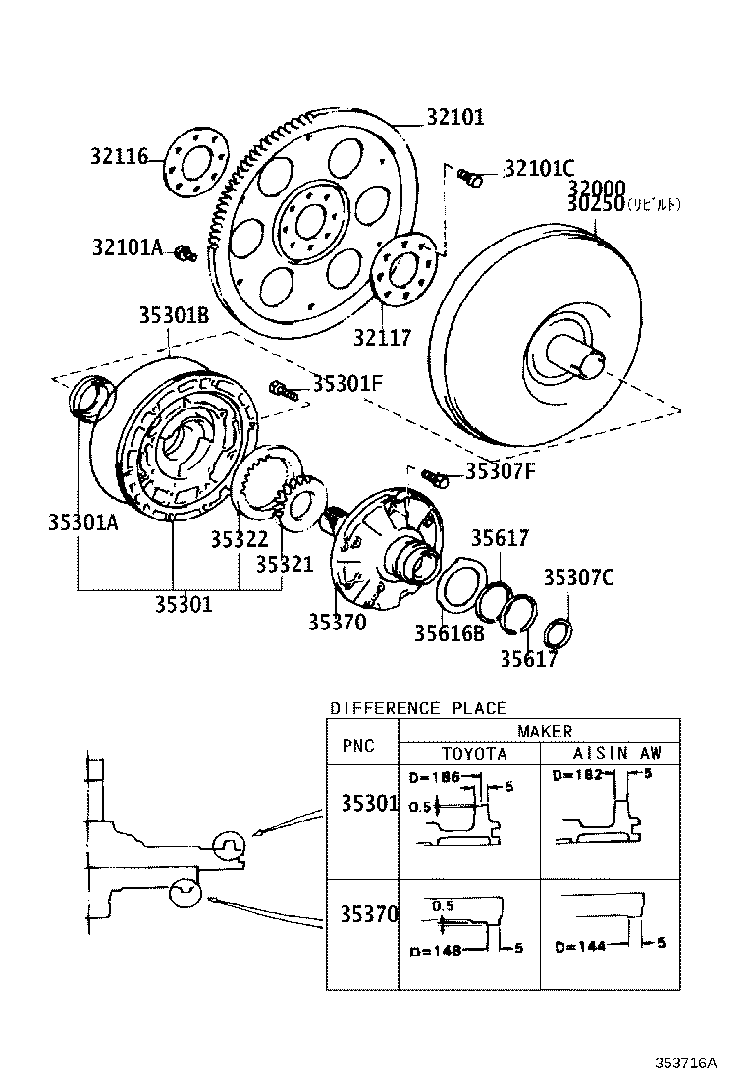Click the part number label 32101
[454, 117]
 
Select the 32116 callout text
[119, 156]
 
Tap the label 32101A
[128, 247]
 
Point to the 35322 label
[239, 539]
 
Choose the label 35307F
[501, 471]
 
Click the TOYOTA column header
[473, 753]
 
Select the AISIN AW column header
[616, 753]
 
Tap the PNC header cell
[358, 746]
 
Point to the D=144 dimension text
[579, 947]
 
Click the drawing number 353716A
[687, 1063]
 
